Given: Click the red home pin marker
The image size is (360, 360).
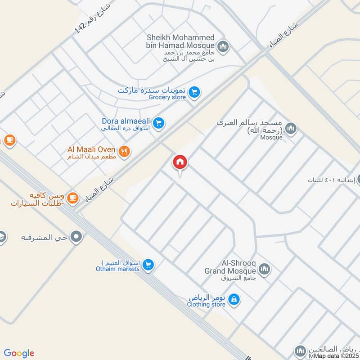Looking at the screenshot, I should click(x=180, y=162).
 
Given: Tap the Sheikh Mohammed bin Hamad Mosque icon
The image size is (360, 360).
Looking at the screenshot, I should click(x=223, y=46).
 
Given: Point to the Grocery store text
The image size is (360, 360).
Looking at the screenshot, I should click(x=167, y=97).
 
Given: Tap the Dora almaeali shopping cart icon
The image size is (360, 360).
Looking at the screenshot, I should click(x=158, y=122).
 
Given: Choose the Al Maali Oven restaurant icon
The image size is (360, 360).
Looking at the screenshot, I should click(x=125, y=152).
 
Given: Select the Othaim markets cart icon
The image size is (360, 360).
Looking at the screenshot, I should click(x=148, y=265).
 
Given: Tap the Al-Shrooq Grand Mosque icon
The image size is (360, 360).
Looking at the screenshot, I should click(x=264, y=270).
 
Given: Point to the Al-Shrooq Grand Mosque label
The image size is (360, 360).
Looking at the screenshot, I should click(x=230, y=268).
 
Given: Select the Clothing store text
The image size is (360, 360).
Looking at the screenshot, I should click(x=206, y=304).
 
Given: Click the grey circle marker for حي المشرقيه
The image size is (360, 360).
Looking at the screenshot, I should click(x=77, y=236).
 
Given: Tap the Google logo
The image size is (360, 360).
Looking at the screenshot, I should click(x=19, y=353).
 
